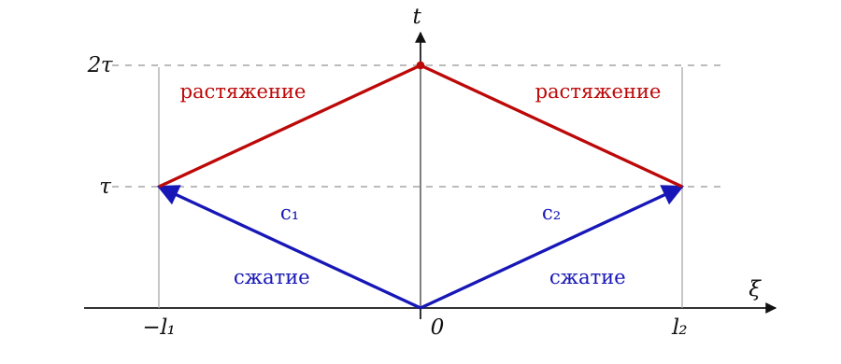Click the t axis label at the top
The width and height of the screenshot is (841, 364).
417,17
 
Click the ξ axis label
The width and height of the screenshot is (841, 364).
755,289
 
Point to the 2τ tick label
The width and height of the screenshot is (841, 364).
99,65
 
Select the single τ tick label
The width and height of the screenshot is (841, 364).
105,187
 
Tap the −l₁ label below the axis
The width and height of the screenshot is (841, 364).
159,327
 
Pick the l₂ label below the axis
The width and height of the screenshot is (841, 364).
679,327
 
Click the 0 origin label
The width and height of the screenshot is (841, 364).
436,328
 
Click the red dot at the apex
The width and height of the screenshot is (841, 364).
420,65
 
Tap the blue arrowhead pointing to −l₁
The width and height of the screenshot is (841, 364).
168,193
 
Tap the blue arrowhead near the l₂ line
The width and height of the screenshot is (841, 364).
672,193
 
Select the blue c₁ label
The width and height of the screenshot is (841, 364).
289,214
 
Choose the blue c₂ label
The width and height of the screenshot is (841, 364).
551,214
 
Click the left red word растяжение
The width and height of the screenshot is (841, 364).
242,92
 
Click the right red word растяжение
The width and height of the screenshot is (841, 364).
598,92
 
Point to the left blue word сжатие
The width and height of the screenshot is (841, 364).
271,278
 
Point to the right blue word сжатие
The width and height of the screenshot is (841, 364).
588,278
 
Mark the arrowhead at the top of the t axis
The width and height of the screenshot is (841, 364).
420,37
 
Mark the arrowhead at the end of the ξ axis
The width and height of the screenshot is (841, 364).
771,308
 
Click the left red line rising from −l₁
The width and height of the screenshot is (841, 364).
290,126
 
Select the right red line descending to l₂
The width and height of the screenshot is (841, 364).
551,126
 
